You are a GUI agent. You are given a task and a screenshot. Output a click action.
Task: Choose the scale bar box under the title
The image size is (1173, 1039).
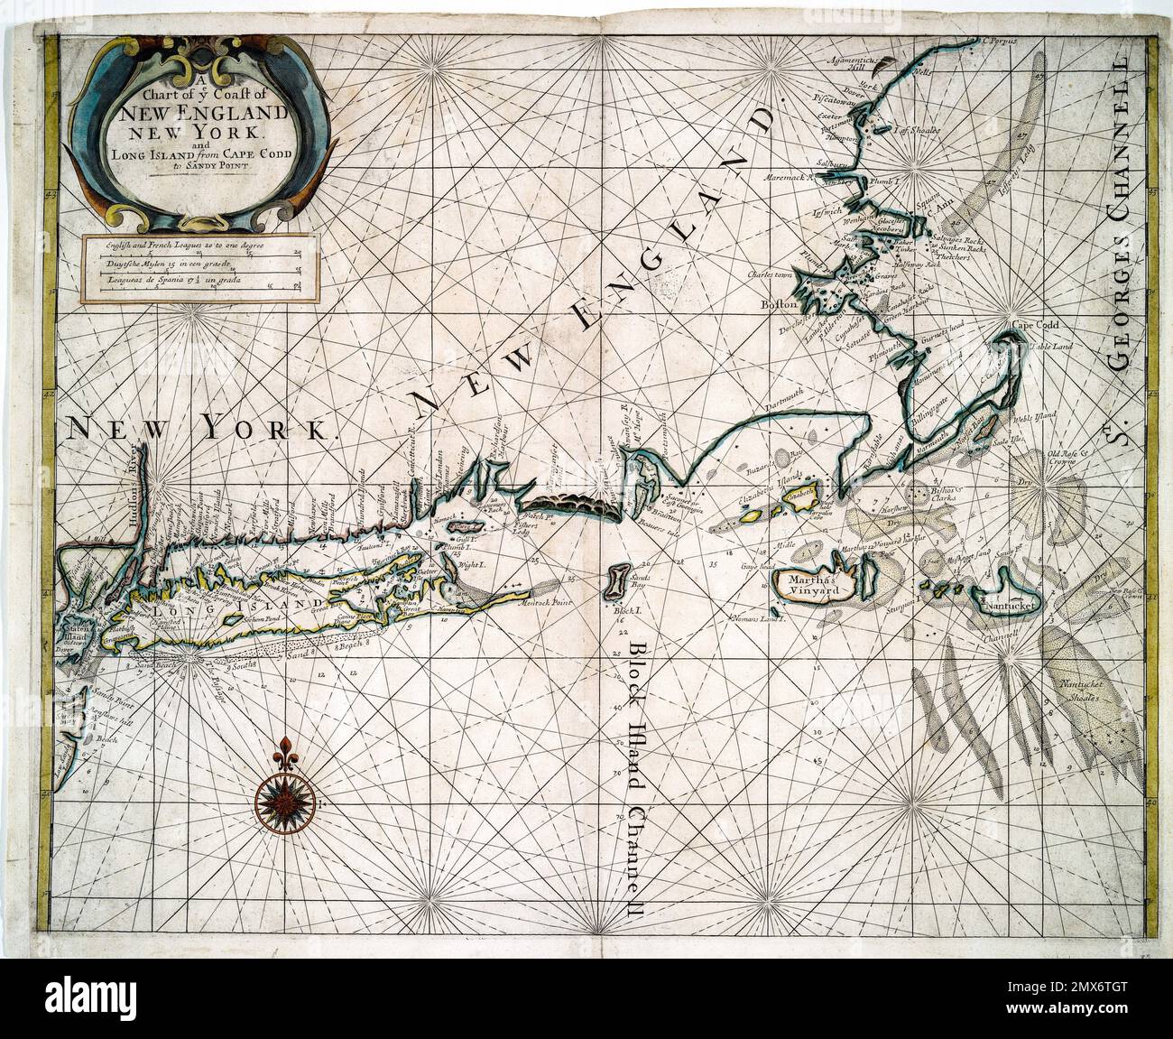pyautogui.click(x=201, y=268)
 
